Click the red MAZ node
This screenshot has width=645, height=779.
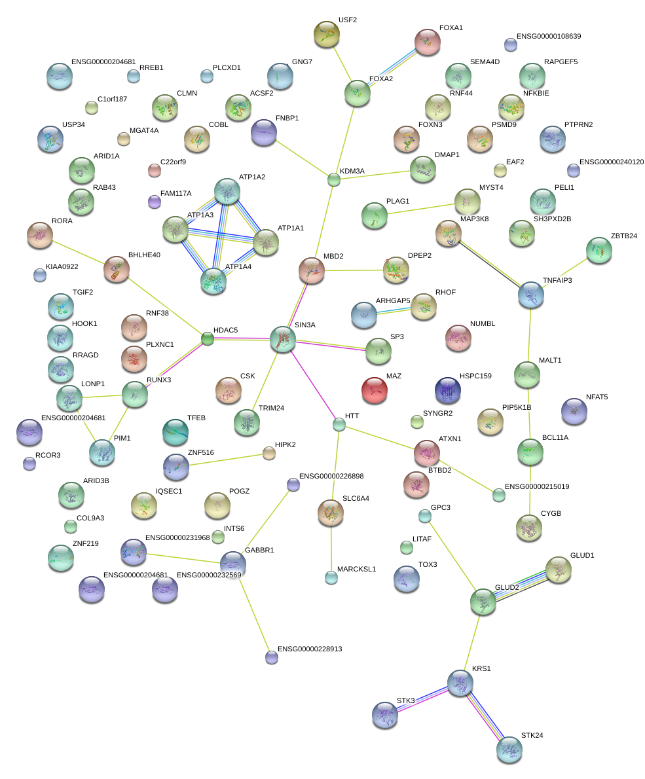[x=375, y=391]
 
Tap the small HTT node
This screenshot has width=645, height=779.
[x=339, y=424]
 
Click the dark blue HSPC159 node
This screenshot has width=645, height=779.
[x=448, y=390]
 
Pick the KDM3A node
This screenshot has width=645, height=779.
[x=334, y=179]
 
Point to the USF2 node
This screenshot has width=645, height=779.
[x=327, y=34]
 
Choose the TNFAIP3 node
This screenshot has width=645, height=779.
[x=530, y=295]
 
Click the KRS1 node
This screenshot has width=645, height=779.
[x=460, y=683]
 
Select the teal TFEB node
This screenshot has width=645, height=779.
[x=175, y=431]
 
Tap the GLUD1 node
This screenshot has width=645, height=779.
[x=558, y=570]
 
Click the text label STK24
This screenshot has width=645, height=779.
[x=532, y=735]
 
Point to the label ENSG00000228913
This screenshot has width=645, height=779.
[x=310, y=649]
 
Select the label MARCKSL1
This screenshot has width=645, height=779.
[x=356, y=569]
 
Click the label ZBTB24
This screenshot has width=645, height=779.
[x=623, y=236]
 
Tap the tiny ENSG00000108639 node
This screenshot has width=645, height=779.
[x=510, y=45]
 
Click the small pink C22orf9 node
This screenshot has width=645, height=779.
[x=154, y=171]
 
